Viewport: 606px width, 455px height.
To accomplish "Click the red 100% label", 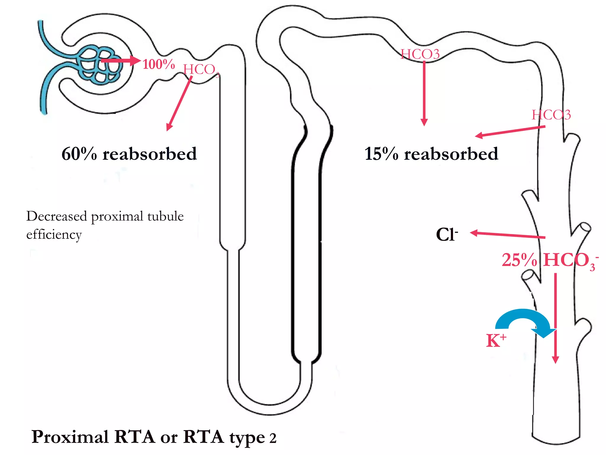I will coord(159,64).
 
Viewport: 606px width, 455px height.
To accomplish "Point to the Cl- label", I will coord(447,235).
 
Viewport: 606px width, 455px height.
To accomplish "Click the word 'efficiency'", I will coord(54,235).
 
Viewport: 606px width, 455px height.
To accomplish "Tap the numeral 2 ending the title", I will coord(273,438).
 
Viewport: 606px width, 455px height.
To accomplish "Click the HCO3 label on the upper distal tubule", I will coord(420,54).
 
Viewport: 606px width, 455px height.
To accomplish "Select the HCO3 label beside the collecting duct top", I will coord(551,115).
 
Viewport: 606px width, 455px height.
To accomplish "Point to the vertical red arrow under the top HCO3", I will coord(424,92).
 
